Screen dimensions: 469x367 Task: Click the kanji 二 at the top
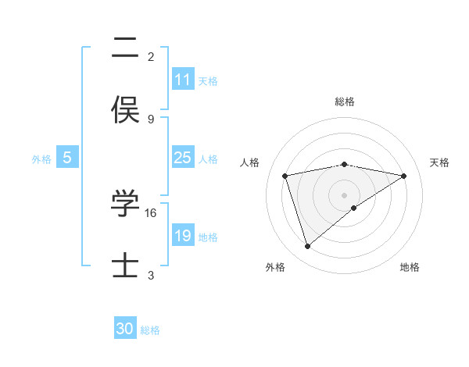pyautogui.click(x=125, y=52)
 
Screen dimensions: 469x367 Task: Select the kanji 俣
pyautogui.click(x=125, y=109)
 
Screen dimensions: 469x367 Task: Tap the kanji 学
pyautogui.click(x=125, y=205)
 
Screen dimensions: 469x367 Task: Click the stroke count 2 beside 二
pyautogui.click(x=151, y=57)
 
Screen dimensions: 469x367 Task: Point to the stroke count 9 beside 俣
pyautogui.click(x=151, y=119)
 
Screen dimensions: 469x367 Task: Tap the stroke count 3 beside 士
pyautogui.click(x=151, y=275)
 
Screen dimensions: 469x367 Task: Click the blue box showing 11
pyautogui.click(x=182, y=80)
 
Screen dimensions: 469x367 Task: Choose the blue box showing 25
pyautogui.click(x=182, y=158)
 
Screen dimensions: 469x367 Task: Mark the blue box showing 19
pyautogui.click(x=182, y=236)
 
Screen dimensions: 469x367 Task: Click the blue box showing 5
pyautogui.click(x=67, y=158)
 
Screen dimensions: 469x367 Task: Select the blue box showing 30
pyautogui.click(x=125, y=329)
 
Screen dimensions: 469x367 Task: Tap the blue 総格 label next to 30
pyautogui.click(x=150, y=330)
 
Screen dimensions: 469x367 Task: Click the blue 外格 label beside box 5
pyautogui.click(x=41, y=159)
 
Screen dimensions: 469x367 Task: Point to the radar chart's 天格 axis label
pyautogui.click(x=439, y=162)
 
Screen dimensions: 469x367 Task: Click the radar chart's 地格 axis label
pyautogui.click(x=410, y=267)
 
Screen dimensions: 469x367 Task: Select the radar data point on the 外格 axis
pyautogui.click(x=307, y=247)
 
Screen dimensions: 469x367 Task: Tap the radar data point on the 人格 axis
pyautogui.click(x=285, y=176)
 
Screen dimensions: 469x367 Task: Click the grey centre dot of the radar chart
pyautogui.click(x=345, y=194)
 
